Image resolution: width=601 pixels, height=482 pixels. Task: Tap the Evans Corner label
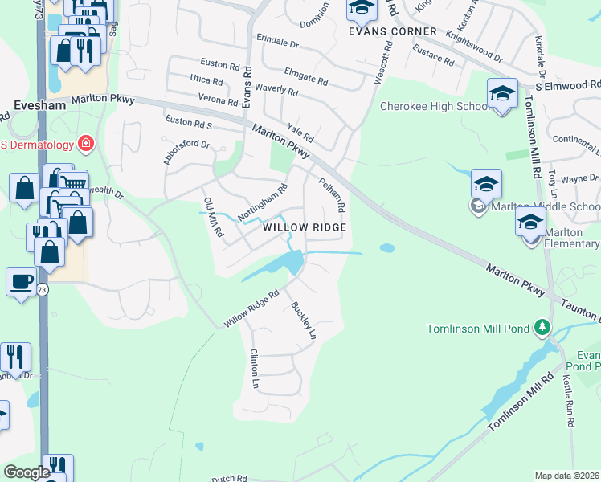click(392, 31)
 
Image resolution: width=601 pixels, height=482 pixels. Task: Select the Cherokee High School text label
click(434, 106)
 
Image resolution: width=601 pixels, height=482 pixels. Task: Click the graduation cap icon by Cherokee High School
click(502, 93)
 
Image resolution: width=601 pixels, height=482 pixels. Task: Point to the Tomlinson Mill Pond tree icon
click(542, 327)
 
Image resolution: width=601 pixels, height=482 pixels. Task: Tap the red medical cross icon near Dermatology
click(85, 145)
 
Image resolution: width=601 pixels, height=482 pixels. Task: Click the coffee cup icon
click(20, 282)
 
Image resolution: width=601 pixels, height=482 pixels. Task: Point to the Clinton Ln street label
click(255, 369)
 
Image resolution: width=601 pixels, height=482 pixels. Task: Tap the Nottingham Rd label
click(263, 204)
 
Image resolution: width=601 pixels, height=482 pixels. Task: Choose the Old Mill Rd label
click(213, 218)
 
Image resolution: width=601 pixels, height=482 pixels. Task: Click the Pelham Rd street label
click(333, 195)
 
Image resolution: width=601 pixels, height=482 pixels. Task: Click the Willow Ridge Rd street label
click(251, 308)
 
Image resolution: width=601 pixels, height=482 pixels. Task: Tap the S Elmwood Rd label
click(567, 84)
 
